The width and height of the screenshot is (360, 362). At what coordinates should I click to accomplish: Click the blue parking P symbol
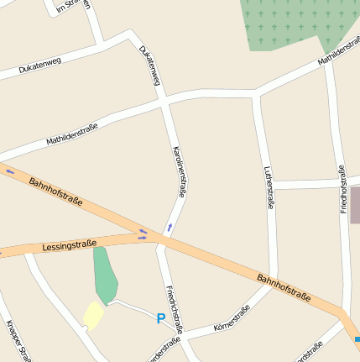160,318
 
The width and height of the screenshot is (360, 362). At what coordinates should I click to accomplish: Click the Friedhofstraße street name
343,189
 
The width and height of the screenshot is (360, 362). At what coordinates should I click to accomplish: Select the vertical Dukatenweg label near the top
149,65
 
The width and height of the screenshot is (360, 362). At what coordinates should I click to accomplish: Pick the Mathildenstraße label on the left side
72,133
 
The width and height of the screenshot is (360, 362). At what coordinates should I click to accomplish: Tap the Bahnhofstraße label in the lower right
284,288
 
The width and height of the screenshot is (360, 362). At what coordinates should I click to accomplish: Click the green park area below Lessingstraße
104,273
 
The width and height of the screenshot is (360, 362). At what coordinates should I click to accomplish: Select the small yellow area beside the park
93,315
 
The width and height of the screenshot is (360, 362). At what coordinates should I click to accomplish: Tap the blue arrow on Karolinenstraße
170,227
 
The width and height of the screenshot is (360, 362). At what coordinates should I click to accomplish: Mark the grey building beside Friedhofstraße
355,205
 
